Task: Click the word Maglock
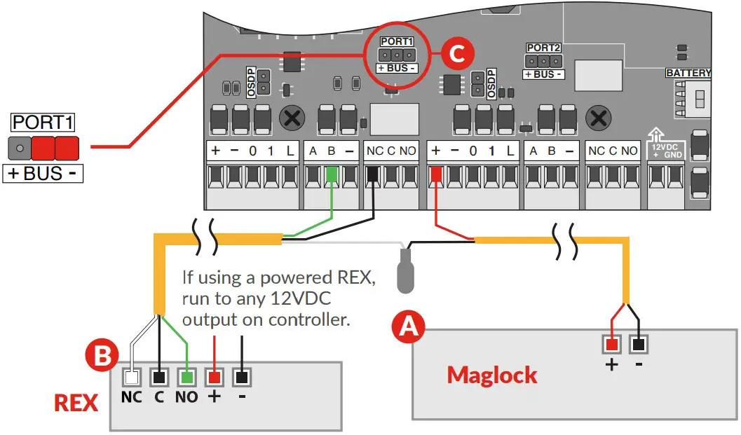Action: point(492,375)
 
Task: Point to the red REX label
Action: point(76,403)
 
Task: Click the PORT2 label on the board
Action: point(544,48)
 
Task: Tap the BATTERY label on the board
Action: point(688,73)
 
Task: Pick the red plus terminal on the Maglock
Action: point(612,345)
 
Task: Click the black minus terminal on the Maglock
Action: point(638,345)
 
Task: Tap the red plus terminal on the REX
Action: point(214,377)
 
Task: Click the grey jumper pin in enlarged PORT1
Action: point(20,148)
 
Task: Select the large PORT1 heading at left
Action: point(43,122)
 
